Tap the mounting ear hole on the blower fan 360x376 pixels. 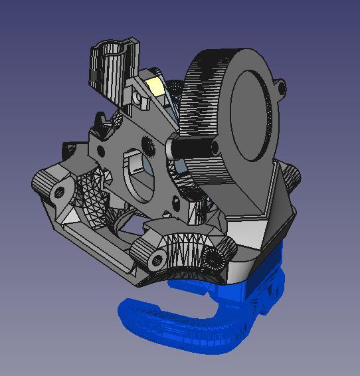coord(282,87)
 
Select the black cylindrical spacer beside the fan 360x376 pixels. coord(193,147)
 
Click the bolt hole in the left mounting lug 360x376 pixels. coord(60,193)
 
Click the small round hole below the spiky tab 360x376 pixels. coord(100,152)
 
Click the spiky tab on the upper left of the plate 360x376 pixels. coord(99,124)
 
